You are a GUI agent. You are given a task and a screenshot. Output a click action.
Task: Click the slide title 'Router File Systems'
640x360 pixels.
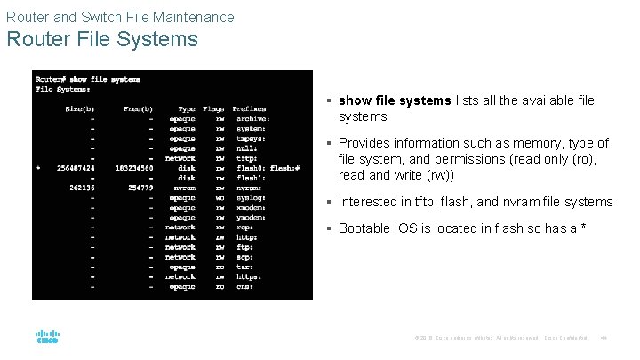point(102,40)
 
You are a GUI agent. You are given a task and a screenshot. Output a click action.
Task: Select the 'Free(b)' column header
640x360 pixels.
point(139,109)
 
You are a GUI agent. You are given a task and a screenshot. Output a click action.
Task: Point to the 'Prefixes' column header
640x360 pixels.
point(250,109)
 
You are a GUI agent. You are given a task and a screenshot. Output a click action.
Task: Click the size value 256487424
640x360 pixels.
point(76,167)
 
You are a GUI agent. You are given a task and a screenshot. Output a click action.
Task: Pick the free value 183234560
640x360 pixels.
point(135,167)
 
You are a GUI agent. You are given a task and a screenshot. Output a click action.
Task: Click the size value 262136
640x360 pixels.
point(82,187)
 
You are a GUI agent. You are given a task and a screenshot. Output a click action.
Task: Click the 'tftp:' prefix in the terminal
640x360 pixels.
point(246,157)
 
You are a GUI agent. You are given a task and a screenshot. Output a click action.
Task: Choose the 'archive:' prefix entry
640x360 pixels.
point(253,118)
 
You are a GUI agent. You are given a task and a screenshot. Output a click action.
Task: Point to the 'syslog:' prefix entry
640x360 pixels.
point(252,196)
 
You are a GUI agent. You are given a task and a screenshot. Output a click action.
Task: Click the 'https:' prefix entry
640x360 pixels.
point(250,276)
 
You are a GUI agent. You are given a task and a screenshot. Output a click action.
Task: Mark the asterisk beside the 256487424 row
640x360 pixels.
point(38,167)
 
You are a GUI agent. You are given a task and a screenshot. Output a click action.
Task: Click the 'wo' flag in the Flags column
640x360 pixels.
point(220,196)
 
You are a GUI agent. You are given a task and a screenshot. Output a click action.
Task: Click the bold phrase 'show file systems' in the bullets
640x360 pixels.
point(395,100)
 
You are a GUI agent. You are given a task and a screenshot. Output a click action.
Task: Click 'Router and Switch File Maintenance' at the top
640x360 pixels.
point(120,17)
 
